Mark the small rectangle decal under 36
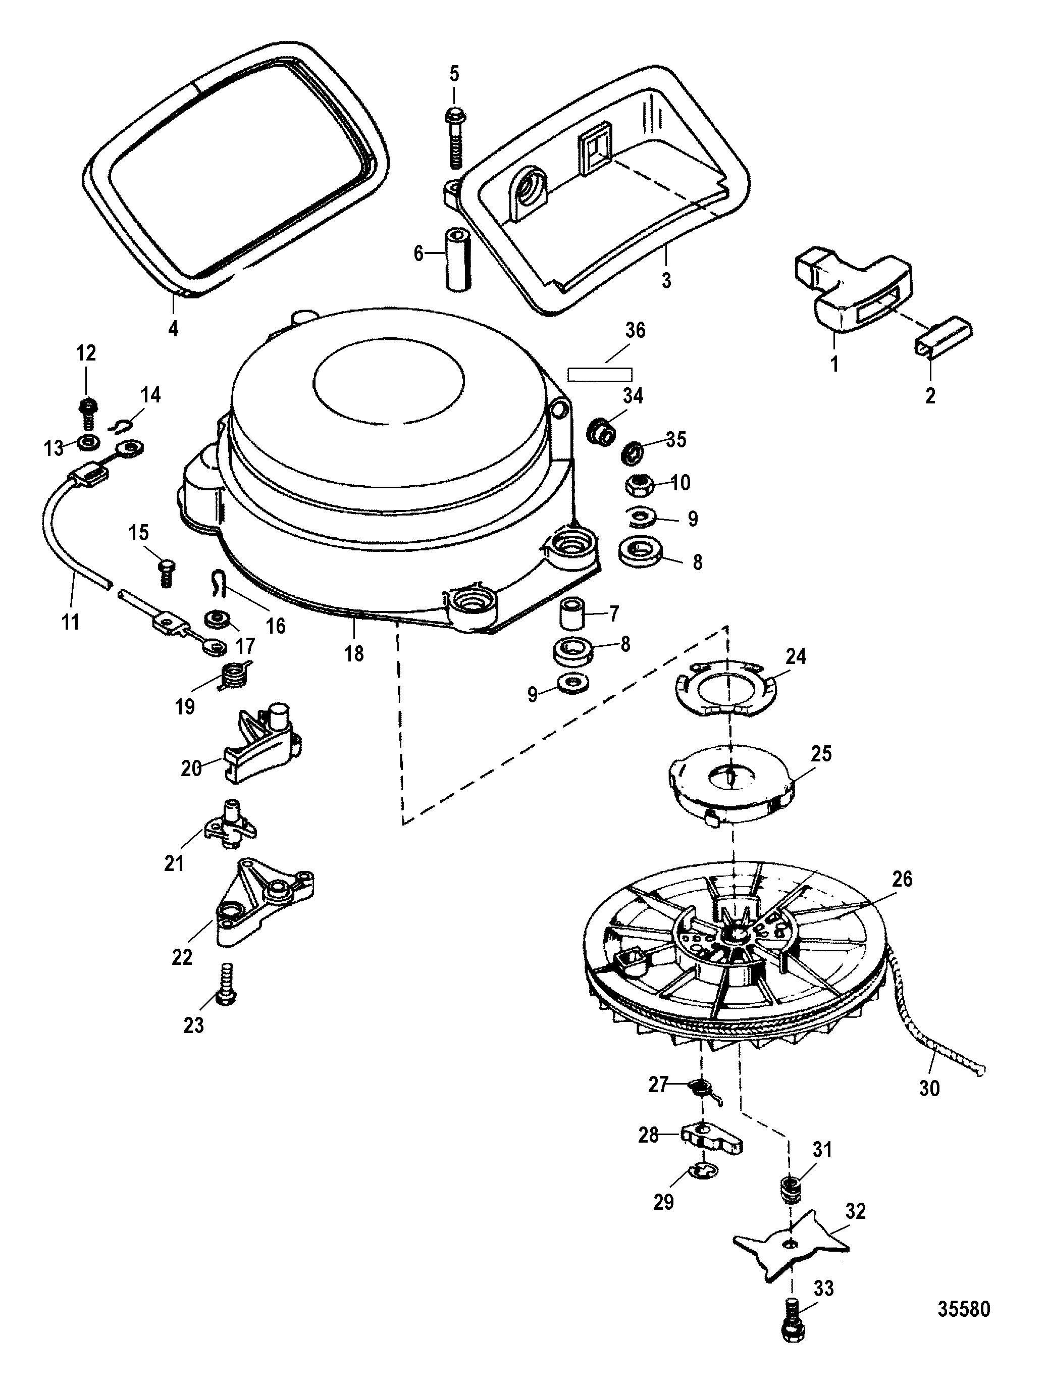click(x=600, y=374)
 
